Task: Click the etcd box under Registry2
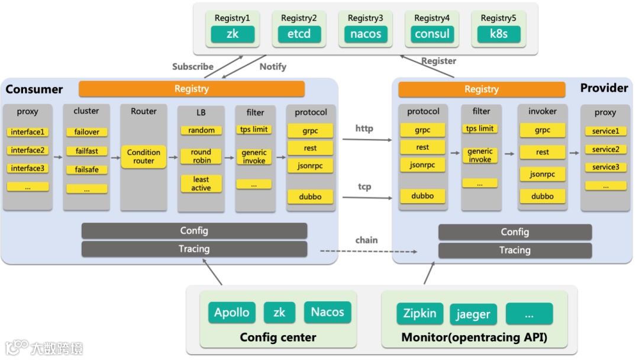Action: point(299,34)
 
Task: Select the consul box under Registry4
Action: point(433,34)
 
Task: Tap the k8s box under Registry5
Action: point(499,34)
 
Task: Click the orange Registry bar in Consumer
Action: point(192,89)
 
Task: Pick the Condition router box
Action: point(144,157)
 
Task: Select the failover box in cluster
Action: point(87,132)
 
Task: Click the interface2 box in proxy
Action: point(27,150)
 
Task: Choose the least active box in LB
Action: point(201,184)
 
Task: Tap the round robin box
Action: point(201,156)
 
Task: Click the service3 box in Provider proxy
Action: point(605,168)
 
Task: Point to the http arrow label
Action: point(364,128)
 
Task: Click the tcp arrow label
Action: point(364,187)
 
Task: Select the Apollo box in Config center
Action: point(232,313)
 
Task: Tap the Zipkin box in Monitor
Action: point(420,313)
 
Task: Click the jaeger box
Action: point(473,314)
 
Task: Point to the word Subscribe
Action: point(193,66)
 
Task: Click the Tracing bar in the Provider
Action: point(515,250)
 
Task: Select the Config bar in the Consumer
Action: point(194,231)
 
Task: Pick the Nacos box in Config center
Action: point(327,312)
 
